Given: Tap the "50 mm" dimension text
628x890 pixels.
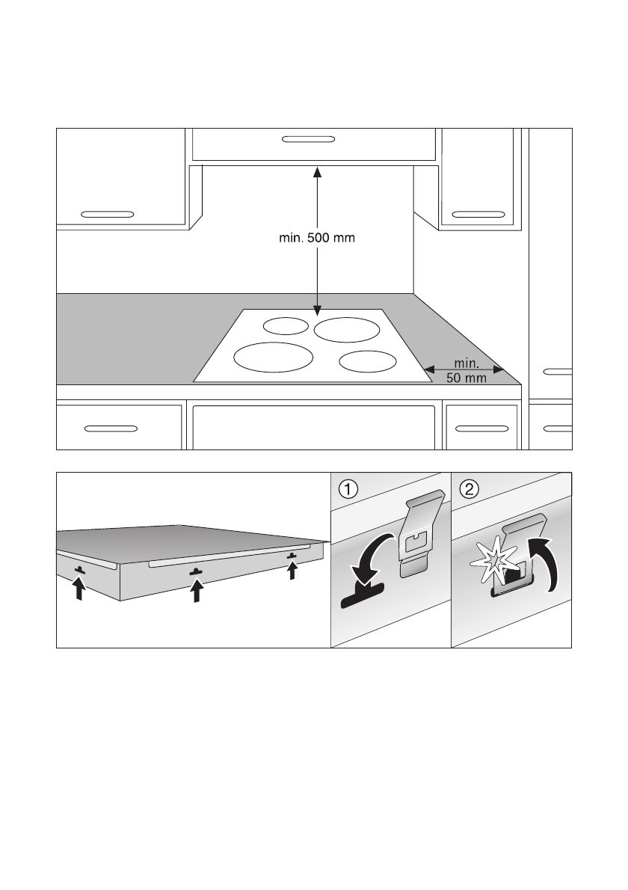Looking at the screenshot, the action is click(x=467, y=378).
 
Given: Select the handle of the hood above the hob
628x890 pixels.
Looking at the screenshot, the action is click(x=309, y=139).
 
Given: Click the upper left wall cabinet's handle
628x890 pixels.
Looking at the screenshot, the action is click(x=108, y=213).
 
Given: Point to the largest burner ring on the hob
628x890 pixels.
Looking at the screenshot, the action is click(x=273, y=357).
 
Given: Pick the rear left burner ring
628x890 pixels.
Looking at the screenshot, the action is click(x=285, y=325).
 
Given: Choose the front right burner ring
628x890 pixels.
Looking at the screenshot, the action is click(x=366, y=360).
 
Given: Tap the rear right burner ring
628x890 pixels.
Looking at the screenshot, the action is click(x=346, y=328).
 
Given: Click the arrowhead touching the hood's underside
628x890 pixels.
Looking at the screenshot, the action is click(x=317, y=171).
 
